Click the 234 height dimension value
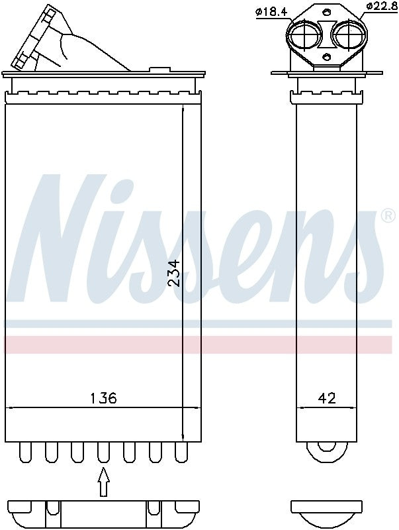coord(173,272)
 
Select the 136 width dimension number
coord(103,398)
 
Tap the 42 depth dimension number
coord(327,398)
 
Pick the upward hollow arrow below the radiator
coord(103,482)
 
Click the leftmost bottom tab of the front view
coord(25,452)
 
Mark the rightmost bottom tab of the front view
coord(181,452)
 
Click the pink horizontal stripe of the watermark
coord(199,344)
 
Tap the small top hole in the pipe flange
coord(326,12)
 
